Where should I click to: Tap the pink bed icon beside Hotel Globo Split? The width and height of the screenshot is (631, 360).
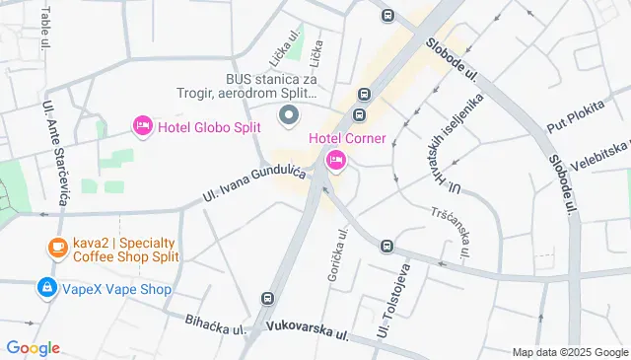tap(142, 125)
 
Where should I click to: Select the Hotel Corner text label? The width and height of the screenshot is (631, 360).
tap(348, 137)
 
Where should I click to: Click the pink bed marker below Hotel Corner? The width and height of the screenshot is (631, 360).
tap(335, 160)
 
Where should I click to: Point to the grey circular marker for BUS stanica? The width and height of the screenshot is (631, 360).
tap(289, 117)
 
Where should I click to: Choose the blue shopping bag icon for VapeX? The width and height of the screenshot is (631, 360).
tap(45, 288)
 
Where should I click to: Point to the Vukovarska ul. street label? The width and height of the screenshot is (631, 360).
tap(308, 329)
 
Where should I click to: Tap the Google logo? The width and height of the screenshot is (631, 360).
tap(33, 348)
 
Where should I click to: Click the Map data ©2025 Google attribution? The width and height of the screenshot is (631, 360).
tap(570, 352)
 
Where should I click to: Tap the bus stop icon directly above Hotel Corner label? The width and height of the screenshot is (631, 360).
tap(364, 95)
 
